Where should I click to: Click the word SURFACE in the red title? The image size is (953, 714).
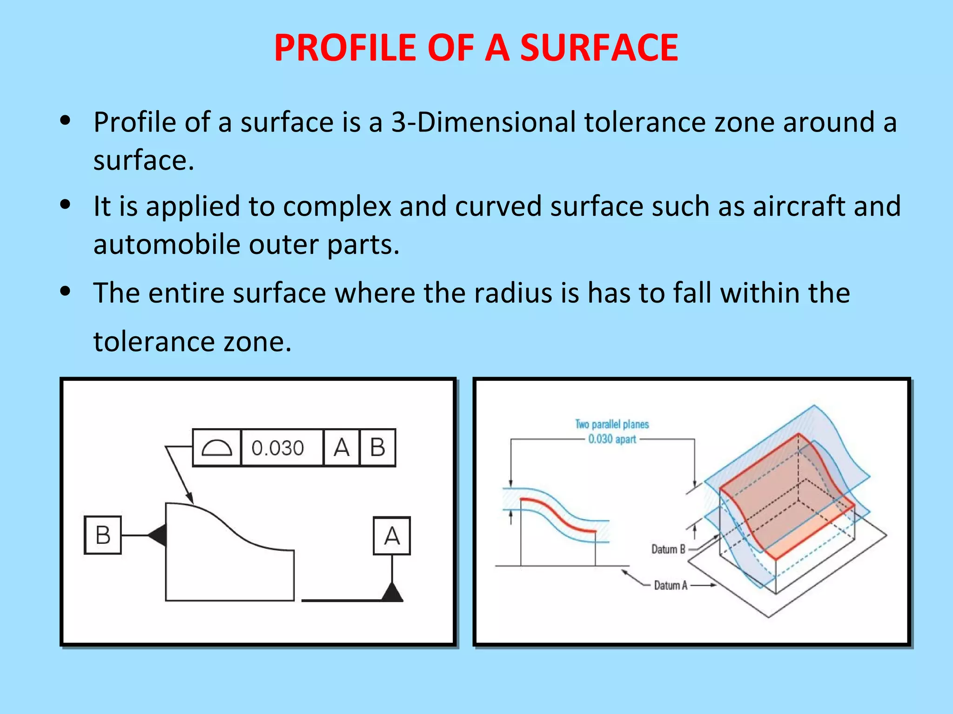(599, 48)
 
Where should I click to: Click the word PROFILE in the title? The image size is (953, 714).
(345, 48)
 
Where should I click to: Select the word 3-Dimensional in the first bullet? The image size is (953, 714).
(483, 122)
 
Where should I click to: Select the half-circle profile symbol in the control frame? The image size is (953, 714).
(217, 448)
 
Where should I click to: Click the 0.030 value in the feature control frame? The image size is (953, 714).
(278, 448)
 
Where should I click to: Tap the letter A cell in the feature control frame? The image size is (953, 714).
(342, 448)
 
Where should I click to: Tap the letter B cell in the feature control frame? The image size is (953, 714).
(377, 448)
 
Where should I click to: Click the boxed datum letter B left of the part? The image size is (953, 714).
(103, 535)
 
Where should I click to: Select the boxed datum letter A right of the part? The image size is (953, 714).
(392, 536)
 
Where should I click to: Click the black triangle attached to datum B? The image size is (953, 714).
(158, 535)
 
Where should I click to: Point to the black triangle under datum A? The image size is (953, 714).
(392, 593)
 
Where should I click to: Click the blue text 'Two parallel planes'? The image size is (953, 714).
(612, 424)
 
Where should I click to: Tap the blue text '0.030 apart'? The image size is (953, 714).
(612, 439)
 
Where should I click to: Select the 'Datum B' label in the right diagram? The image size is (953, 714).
(668, 549)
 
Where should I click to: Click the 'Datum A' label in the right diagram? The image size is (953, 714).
(671, 585)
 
